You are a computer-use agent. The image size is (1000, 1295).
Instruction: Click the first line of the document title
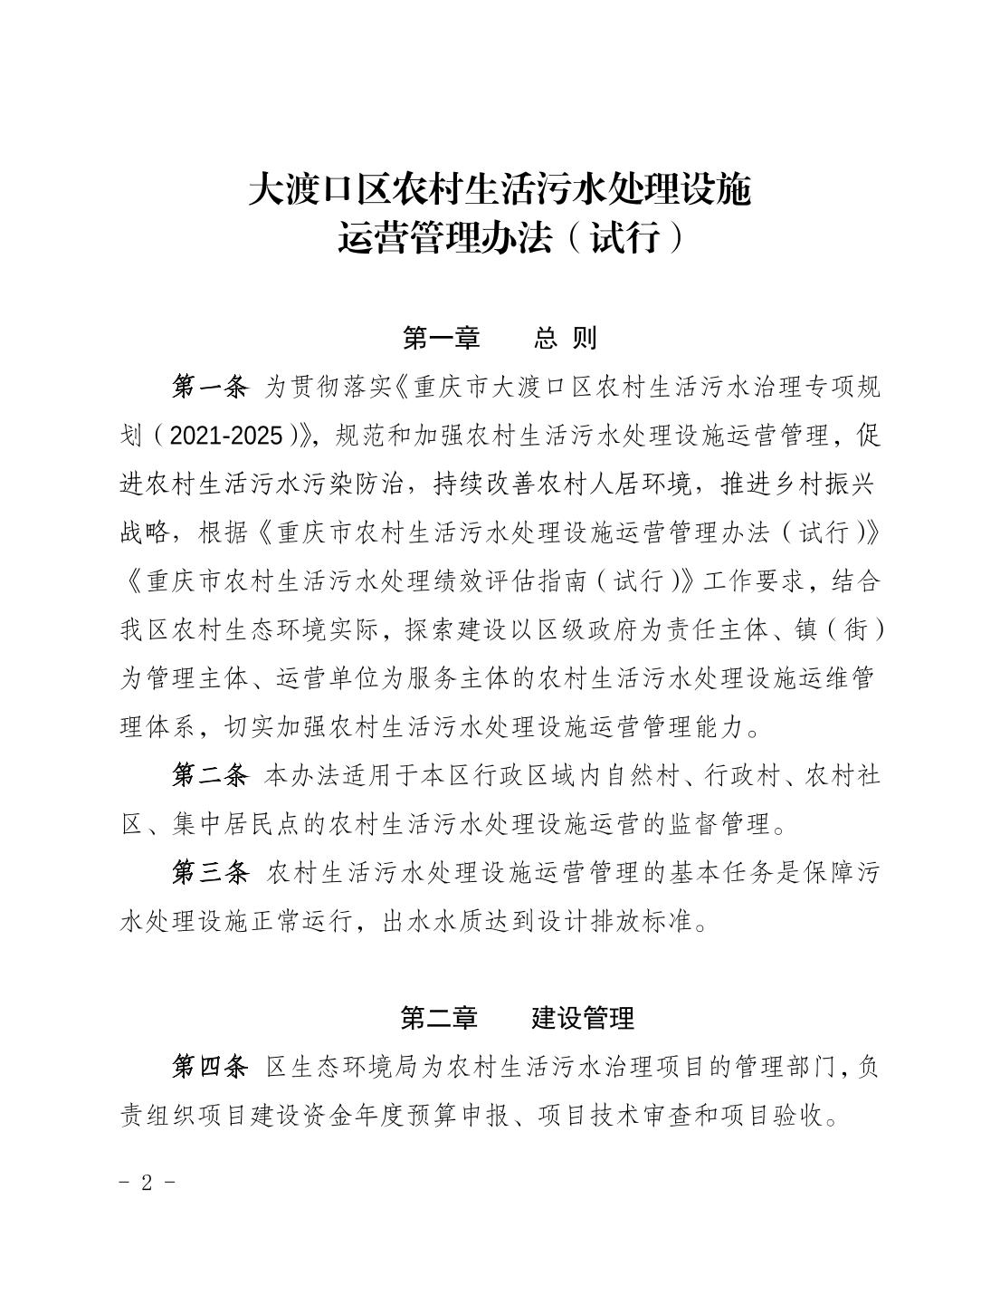point(500,190)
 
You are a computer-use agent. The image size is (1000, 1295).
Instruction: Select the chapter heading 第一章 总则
point(500,339)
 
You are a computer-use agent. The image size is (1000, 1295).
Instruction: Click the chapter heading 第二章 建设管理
point(517,1018)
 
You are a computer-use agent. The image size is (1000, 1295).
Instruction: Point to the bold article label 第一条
point(209,388)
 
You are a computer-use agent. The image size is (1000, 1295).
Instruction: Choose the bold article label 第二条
point(209,775)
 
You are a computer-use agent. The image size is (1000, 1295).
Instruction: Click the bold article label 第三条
point(209,872)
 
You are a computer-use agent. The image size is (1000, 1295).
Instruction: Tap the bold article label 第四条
point(209,1067)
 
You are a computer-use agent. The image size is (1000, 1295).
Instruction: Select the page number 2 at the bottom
point(146,1183)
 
